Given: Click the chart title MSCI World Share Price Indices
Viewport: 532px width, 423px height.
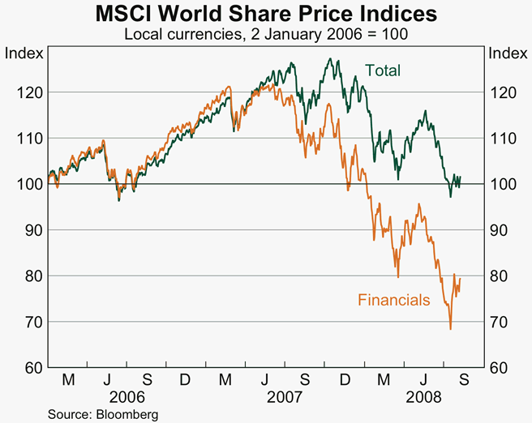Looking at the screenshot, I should pyautogui.click(x=266, y=15).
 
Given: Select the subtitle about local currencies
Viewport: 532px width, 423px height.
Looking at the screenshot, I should pyautogui.click(x=266, y=35).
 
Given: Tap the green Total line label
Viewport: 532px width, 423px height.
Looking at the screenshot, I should pyautogui.click(x=383, y=70).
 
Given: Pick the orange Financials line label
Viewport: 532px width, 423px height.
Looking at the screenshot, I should pyautogui.click(x=394, y=300).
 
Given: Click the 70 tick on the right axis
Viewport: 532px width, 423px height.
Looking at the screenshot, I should pyautogui.click(x=502, y=323).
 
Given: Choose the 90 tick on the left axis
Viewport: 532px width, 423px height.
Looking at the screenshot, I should pyautogui.click(x=29, y=230).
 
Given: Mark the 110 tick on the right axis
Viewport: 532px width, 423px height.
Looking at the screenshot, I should pyautogui.click(x=505, y=139).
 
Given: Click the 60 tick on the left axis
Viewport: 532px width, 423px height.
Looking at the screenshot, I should pyautogui.click(x=29, y=368).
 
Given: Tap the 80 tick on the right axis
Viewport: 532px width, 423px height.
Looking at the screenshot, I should pyautogui.click(x=502, y=276).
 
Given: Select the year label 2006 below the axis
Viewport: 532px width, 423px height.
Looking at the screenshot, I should pyautogui.click(x=127, y=398).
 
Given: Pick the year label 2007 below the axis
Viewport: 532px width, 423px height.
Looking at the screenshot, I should pyautogui.click(x=284, y=398).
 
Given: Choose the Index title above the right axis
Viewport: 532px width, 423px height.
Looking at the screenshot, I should pyautogui.click(x=505, y=53).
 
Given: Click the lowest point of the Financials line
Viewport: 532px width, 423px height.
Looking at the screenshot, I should pyautogui.click(x=450, y=329).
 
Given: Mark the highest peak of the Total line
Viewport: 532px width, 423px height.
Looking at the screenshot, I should pyautogui.click(x=330, y=58).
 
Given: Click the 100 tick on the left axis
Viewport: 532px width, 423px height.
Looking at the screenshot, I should pyautogui.click(x=26, y=185).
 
